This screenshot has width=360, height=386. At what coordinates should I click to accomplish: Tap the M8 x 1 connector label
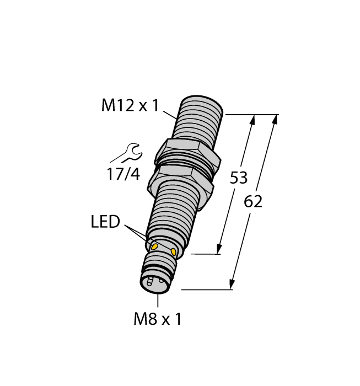158,319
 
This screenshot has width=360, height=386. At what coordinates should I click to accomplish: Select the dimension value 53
238,178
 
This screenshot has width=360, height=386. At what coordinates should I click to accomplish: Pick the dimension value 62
253,202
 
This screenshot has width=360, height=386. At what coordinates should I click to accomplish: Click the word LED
105,222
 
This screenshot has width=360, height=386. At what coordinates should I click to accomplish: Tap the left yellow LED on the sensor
155,245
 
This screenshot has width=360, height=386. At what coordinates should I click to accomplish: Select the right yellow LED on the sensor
175,253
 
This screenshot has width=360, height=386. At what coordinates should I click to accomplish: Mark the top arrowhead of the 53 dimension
253,120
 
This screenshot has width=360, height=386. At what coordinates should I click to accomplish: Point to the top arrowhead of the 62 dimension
275,120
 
